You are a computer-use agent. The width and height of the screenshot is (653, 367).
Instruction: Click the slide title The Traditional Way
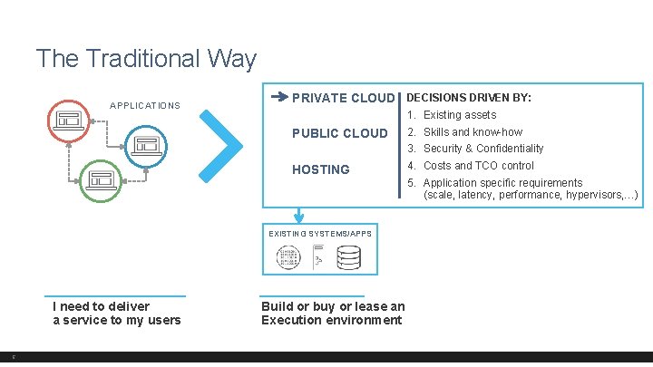click(146, 59)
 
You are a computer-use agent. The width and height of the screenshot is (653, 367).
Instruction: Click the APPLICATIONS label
click(145, 106)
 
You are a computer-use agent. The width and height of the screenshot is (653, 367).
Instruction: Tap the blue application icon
click(146, 145)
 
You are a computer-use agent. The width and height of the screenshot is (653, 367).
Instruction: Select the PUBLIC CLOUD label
click(339, 133)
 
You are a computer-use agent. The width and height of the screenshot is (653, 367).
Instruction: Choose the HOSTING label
click(320, 169)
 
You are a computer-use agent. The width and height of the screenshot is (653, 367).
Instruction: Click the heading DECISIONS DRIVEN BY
click(469, 97)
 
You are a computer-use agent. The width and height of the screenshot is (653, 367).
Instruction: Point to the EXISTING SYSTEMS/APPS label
click(320, 234)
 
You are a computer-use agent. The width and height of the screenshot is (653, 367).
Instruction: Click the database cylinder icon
click(348, 258)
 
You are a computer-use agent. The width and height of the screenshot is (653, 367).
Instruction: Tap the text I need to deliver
click(101, 306)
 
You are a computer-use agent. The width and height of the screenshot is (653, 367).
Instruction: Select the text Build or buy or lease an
click(333, 306)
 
